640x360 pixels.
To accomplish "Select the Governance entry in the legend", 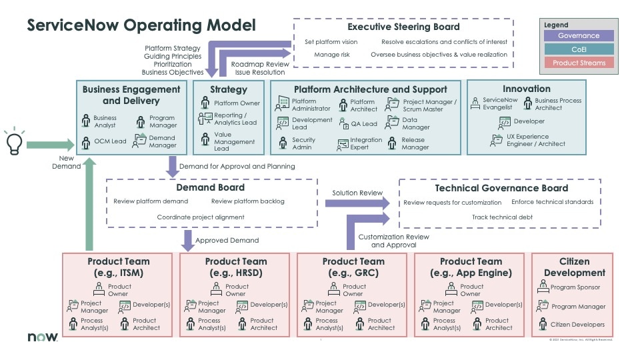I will click(578, 36).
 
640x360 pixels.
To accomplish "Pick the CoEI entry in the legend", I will click(578, 49).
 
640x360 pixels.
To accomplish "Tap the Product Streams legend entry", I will click(578, 63).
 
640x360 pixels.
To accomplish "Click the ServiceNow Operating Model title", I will click(141, 25).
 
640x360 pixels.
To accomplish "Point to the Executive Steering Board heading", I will click(403, 27).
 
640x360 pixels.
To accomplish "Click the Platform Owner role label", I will click(237, 103).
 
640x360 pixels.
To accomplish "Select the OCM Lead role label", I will click(109, 141).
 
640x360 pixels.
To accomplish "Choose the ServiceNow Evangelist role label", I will click(500, 103).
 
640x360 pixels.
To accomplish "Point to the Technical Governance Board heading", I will click(500, 188).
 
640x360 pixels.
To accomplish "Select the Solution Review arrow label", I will click(358, 193).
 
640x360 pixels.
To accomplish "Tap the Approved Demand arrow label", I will click(227, 240).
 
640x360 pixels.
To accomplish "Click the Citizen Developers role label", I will click(577, 325).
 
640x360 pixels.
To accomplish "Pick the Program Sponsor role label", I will click(575, 288).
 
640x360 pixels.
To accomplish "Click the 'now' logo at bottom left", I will click(42, 337).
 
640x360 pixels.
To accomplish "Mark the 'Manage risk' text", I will click(331, 55).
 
